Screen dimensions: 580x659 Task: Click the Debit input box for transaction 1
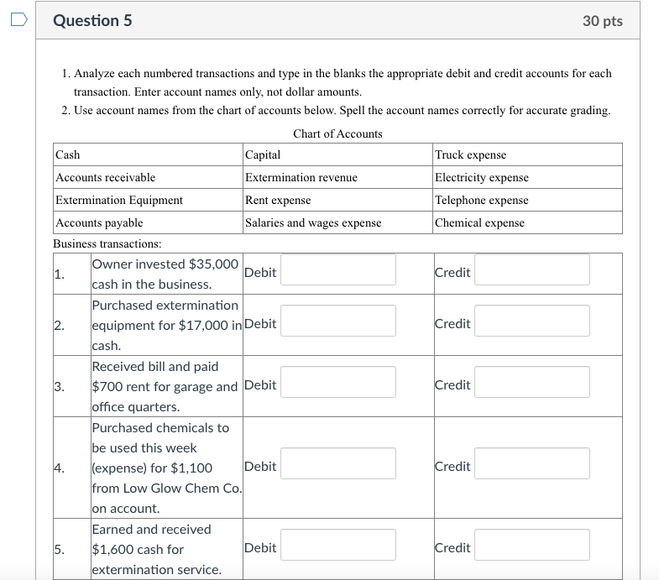[337, 269]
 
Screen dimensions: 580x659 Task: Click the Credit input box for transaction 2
[531, 321]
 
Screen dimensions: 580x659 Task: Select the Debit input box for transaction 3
[337, 382]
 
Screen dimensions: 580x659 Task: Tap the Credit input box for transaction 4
[531, 463]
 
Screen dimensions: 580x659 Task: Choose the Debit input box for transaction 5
[337, 545]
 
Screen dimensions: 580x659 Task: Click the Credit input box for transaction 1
[531, 269]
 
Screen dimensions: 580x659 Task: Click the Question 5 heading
[92, 21]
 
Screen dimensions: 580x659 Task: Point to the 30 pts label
[602, 21]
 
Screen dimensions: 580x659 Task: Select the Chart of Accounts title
[337, 133]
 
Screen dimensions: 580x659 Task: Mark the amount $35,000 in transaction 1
[214, 264]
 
